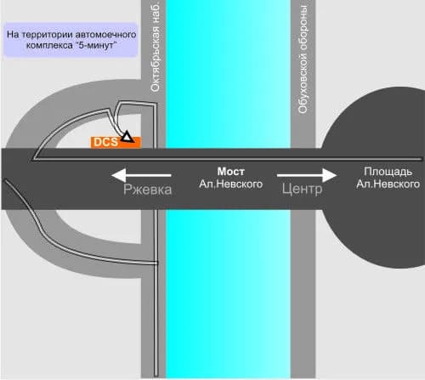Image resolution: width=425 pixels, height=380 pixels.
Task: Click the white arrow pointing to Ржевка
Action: (141, 175)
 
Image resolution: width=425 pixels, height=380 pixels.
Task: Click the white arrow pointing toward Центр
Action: (307, 175)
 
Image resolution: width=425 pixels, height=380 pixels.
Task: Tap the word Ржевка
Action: (148, 190)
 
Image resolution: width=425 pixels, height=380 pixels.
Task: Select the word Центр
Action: (302, 189)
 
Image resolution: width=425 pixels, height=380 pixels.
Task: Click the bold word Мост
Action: (231, 172)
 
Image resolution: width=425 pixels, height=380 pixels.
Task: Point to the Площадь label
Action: (388, 172)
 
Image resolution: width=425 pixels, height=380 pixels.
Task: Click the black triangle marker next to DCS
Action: (127, 137)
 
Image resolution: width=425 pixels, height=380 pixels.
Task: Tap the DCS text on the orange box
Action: (105, 142)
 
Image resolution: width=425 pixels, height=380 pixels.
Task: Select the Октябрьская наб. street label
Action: (156, 47)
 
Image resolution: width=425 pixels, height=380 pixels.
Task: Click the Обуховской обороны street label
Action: (303, 59)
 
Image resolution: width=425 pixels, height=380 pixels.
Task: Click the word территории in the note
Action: (47, 35)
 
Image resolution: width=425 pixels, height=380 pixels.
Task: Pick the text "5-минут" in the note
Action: (96, 45)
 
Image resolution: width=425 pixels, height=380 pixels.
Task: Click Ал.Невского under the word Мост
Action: (231, 184)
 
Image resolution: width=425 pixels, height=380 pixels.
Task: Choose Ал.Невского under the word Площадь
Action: (388, 184)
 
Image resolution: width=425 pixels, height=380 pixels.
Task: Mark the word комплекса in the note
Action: (49, 45)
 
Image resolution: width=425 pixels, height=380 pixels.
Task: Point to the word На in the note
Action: (13, 35)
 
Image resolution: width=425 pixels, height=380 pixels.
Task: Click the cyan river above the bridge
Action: (228, 74)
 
